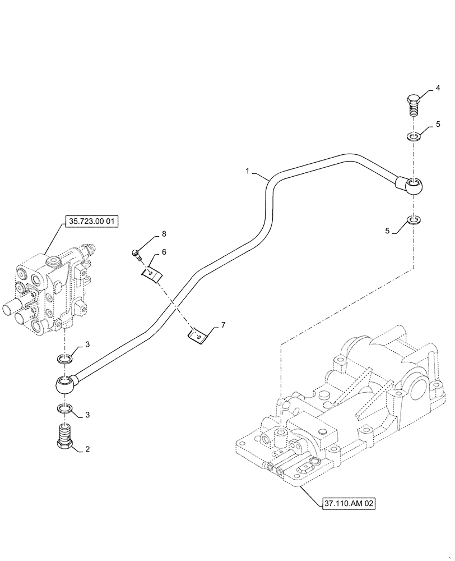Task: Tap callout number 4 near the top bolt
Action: pyautogui.click(x=438, y=89)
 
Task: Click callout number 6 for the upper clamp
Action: pyautogui.click(x=164, y=252)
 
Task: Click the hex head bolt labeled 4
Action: pyautogui.click(x=413, y=105)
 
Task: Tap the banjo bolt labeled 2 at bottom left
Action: pyautogui.click(x=65, y=438)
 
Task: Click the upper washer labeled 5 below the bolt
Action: pyautogui.click(x=413, y=137)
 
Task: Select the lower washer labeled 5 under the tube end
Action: pyautogui.click(x=413, y=219)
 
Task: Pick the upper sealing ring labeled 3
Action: pyautogui.click(x=64, y=359)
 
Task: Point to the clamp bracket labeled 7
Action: pyautogui.click(x=197, y=335)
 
